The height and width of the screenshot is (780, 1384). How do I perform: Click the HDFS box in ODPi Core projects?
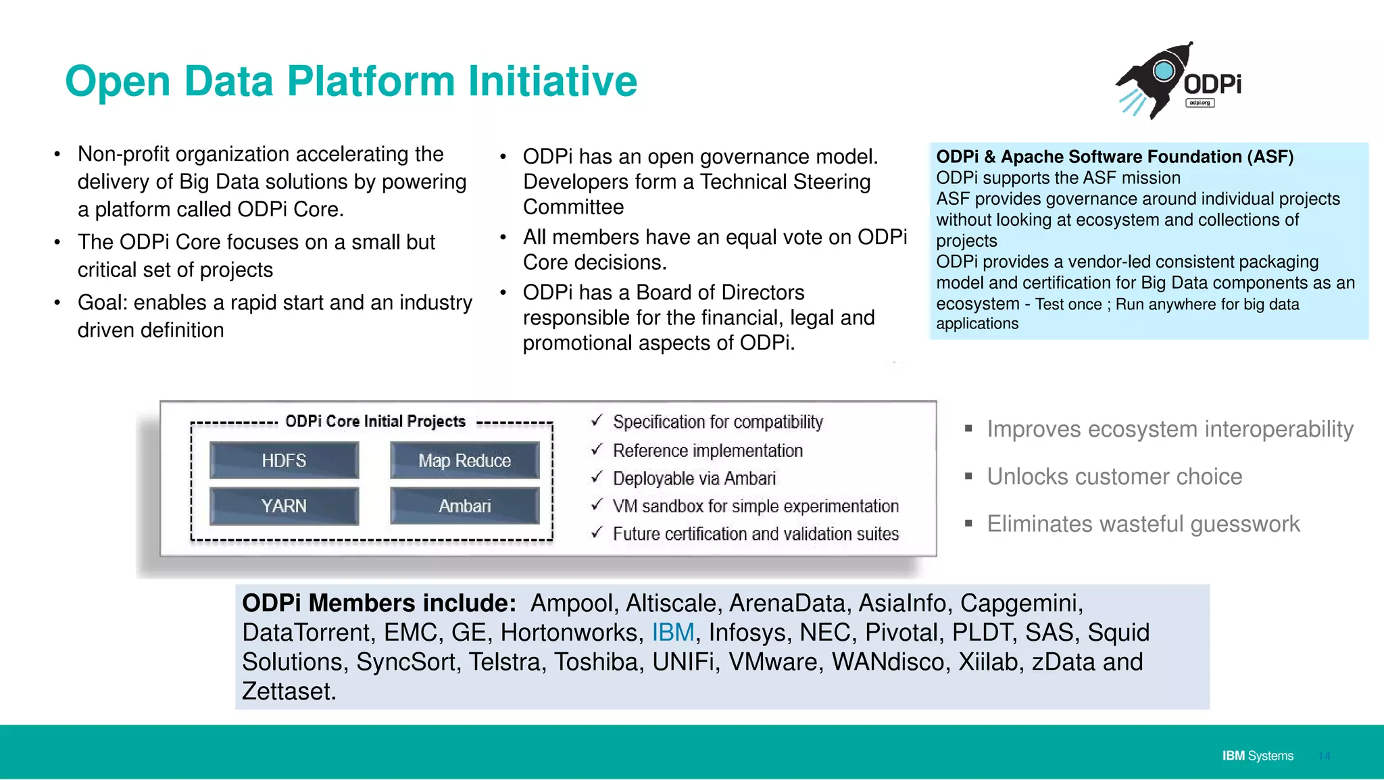pyautogui.click(x=284, y=460)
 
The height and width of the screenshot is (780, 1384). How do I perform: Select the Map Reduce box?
pyautogui.click(x=464, y=460)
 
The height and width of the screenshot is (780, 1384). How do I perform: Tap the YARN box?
pyautogui.click(x=284, y=506)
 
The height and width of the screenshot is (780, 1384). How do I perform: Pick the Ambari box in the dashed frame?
pyautogui.click(x=464, y=506)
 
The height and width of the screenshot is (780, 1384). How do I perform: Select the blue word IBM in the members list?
pyautogui.click(x=672, y=633)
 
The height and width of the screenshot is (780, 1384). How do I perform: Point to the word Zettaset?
pyautogui.click(x=289, y=691)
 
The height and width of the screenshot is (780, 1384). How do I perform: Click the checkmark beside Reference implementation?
pyautogui.click(x=596, y=449)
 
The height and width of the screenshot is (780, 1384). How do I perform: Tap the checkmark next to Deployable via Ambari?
pyautogui.click(x=596, y=477)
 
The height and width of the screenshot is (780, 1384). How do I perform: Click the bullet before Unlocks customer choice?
pyautogui.click(x=968, y=477)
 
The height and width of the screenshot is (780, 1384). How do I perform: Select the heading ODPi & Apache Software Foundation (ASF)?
pyautogui.click(x=1114, y=157)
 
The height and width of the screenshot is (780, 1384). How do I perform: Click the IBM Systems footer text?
pyautogui.click(x=1257, y=756)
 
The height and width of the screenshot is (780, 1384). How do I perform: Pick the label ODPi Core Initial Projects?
pyautogui.click(x=375, y=422)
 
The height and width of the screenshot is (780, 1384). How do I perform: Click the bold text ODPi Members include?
pyautogui.click(x=379, y=603)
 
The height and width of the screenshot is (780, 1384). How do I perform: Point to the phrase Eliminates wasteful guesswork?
pyautogui.click(x=1143, y=524)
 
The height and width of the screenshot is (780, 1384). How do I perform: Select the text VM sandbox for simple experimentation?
pyautogui.click(x=755, y=506)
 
